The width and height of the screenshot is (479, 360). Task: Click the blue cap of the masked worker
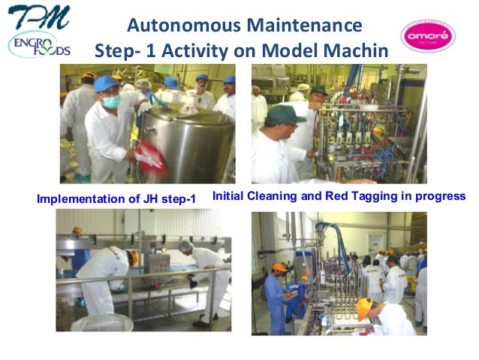tap(106, 83)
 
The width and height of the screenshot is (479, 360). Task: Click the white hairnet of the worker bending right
tap(185, 245)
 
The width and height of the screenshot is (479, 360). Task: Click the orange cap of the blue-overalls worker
tap(279, 268)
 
